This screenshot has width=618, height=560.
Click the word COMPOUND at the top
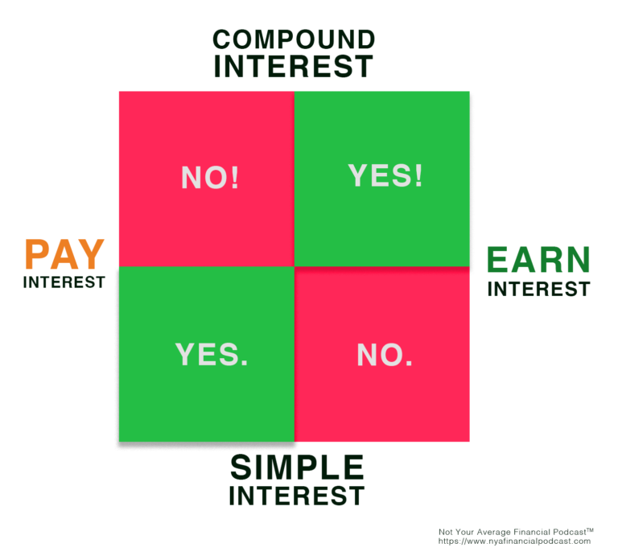[294, 39]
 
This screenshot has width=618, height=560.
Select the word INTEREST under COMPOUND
[293, 66]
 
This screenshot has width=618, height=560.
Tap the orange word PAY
[64, 254]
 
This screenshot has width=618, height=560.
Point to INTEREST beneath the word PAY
[64, 282]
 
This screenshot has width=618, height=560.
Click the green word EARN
[538, 259]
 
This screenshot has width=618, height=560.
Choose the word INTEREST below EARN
[539, 289]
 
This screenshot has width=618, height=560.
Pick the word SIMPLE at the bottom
[297, 467]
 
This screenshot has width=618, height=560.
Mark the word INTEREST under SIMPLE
[297, 496]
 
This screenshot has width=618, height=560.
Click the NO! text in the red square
[210, 177]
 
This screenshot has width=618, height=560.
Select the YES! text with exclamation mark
[385, 175]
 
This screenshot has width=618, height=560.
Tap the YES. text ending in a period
[212, 354]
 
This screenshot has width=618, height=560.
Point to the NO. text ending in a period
[385, 355]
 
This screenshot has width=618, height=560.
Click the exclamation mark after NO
[235, 177]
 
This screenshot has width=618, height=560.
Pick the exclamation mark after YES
[418, 175]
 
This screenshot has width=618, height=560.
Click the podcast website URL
[514, 541]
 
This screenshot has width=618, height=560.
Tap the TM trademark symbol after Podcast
[590, 530]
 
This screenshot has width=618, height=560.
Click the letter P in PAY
[36, 254]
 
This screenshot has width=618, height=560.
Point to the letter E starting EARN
[496, 259]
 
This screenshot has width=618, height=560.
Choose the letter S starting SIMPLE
[240, 467]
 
